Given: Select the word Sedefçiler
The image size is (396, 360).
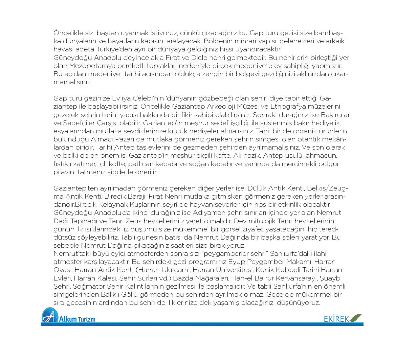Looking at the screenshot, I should click(79, 123).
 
